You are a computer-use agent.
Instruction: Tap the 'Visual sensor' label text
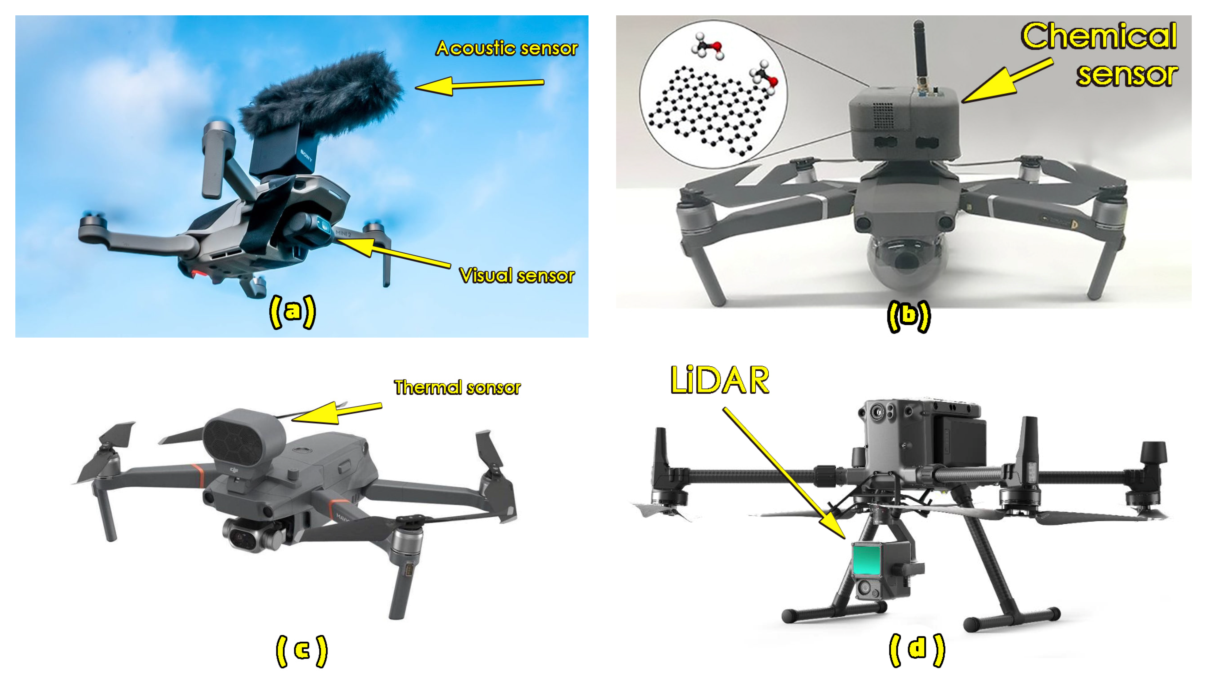(x=517, y=276)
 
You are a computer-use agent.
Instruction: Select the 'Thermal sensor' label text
(x=457, y=387)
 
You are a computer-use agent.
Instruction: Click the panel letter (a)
(x=293, y=312)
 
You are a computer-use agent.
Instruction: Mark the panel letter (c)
(x=301, y=651)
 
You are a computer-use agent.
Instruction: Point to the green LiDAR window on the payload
(x=867, y=559)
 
